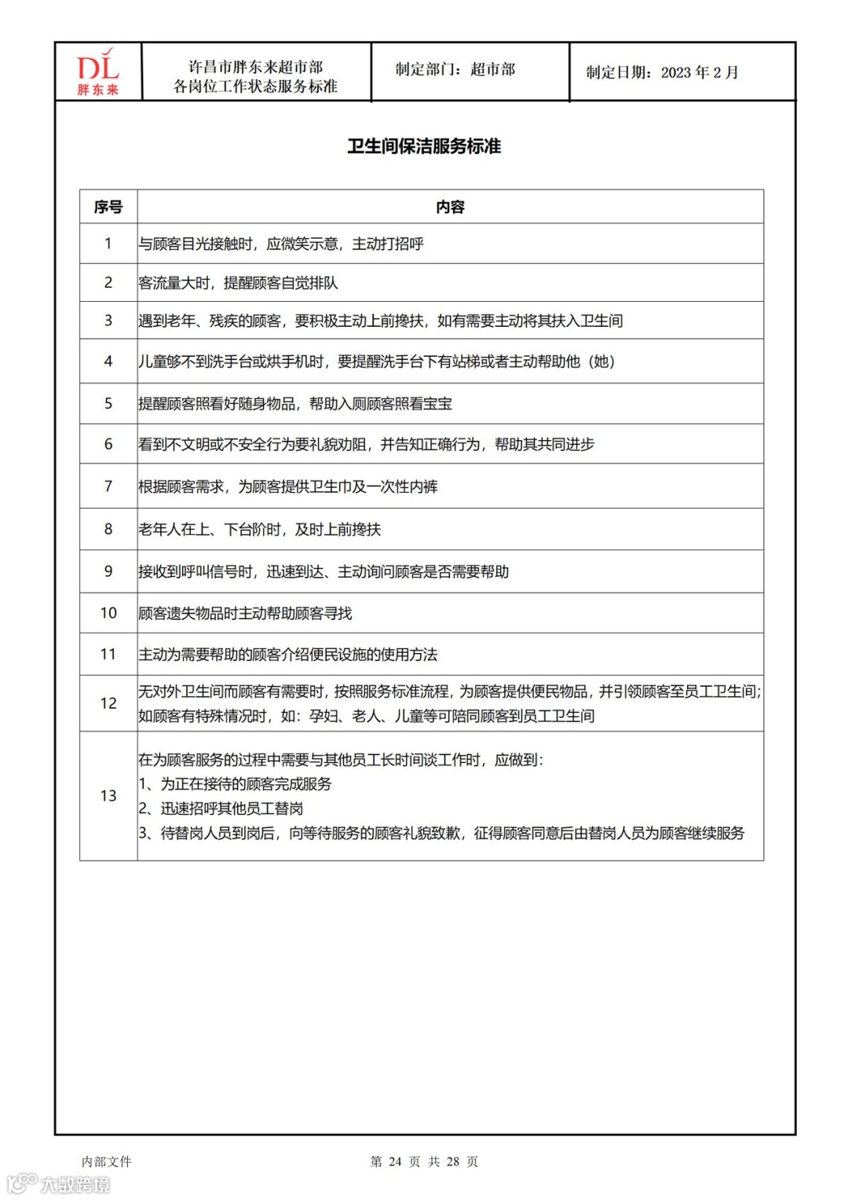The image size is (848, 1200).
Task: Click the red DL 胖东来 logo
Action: click(x=97, y=72)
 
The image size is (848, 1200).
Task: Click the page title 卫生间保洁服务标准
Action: click(x=424, y=147)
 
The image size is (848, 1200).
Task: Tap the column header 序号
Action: click(x=108, y=207)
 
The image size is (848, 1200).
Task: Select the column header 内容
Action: click(x=450, y=207)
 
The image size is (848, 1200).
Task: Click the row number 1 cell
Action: click(x=108, y=244)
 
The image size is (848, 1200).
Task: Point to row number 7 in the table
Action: click(x=108, y=486)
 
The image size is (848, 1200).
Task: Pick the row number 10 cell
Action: click(x=108, y=613)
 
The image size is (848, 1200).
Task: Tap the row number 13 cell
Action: click(x=108, y=795)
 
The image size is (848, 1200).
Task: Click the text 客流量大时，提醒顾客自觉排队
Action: click(x=238, y=283)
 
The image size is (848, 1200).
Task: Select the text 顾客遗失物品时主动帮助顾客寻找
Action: click(x=245, y=613)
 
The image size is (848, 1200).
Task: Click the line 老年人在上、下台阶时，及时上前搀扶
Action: click(x=259, y=530)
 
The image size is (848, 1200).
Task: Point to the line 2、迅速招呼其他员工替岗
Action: click(x=221, y=809)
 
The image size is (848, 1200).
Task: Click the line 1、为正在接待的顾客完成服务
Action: click(x=235, y=784)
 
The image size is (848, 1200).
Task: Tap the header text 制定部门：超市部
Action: click(x=455, y=70)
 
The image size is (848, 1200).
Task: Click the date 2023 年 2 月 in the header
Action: click(x=699, y=72)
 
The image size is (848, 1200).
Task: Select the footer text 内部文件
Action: click(x=107, y=1161)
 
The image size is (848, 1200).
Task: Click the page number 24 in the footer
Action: click(x=395, y=1161)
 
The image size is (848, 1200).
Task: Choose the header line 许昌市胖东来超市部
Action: click(x=255, y=68)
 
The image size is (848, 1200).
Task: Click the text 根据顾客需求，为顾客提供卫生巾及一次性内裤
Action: click(x=288, y=487)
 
